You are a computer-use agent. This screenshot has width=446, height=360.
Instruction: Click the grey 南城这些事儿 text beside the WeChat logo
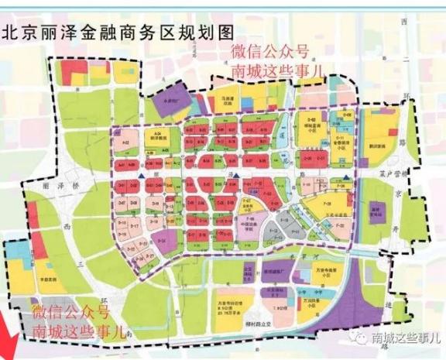[x=405, y=338]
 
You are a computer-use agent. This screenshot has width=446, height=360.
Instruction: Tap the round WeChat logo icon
[x=359, y=338]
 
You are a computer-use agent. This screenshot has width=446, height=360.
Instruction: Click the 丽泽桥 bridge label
[x=59, y=187]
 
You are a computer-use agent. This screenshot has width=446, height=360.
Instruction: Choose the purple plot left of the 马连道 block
[x=172, y=101]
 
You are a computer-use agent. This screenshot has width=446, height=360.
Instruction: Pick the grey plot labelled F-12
[x=272, y=231]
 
